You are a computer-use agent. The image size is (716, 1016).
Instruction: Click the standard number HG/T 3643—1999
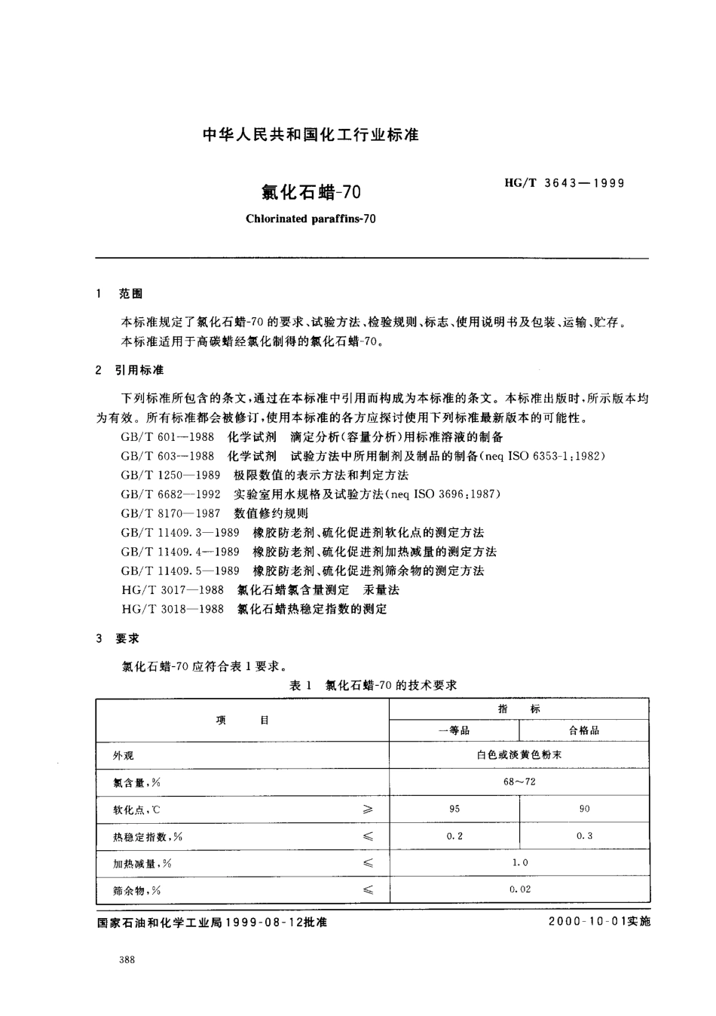[x=564, y=183]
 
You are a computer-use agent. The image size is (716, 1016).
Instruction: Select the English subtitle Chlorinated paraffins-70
[x=311, y=219]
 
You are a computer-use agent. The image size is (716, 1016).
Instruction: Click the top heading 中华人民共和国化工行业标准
[x=311, y=136]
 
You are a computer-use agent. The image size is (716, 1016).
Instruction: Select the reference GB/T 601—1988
[x=167, y=436]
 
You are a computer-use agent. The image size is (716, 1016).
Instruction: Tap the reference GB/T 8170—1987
[x=170, y=513]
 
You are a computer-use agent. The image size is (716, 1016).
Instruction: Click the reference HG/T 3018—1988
[x=173, y=608]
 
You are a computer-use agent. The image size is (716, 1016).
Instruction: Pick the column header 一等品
[x=454, y=730]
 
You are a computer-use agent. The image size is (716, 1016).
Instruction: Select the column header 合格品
[x=584, y=730]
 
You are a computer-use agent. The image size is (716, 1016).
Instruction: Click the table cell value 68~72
[x=519, y=782]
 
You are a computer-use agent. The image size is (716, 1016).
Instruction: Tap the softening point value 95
[x=454, y=809]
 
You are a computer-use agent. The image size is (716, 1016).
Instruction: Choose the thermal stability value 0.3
[x=584, y=836]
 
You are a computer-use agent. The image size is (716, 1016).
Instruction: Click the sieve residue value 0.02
[x=519, y=889]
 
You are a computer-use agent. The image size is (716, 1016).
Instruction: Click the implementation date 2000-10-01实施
[x=599, y=922]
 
